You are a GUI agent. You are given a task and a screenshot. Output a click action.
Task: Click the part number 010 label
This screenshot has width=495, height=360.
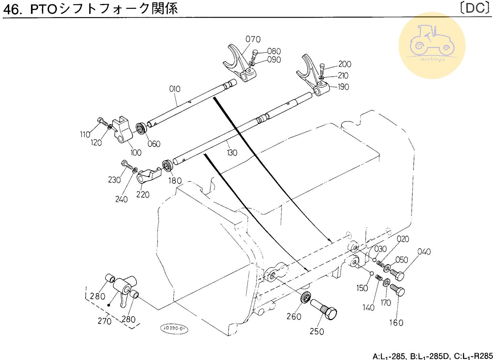coord(175,89)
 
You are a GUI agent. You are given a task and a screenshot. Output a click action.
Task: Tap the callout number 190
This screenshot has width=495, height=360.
coord(343,87)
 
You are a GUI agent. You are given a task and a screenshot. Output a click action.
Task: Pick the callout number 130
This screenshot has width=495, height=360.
coord(232,153)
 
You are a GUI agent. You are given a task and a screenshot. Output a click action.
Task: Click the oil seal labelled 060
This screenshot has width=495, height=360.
coord(141,129)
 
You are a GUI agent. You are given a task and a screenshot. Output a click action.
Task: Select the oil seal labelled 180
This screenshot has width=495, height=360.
coord(167,165)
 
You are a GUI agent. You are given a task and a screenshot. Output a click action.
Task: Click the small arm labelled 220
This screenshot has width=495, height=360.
coord(149,175)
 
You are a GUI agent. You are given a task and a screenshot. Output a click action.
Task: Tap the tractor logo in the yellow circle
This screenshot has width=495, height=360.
coord(431,43)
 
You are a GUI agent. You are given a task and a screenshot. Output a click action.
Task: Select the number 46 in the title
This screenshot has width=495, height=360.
coord(12,9)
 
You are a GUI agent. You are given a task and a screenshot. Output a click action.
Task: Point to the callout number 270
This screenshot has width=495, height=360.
coord(104,321)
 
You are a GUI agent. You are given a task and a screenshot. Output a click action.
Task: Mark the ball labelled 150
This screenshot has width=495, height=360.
coord(372,273)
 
